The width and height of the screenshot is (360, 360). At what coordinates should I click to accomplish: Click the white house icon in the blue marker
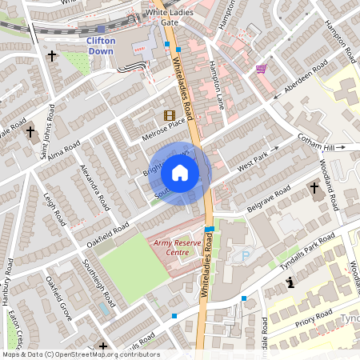tap(180, 173)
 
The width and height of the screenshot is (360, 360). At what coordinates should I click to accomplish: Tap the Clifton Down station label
tap(101, 46)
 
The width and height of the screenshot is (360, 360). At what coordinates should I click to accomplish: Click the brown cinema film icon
tap(169, 116)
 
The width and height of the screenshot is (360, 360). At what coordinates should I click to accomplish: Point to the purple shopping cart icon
tap(261, 70)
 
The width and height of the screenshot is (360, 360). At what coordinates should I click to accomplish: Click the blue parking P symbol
tap(246, 255)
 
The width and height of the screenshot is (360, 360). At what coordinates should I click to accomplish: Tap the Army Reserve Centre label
tap(171, 246)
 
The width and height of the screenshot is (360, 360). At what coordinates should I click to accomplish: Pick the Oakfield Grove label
tap(58, 299)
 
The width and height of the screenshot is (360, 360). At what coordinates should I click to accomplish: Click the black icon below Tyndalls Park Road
tap(290, 282)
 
